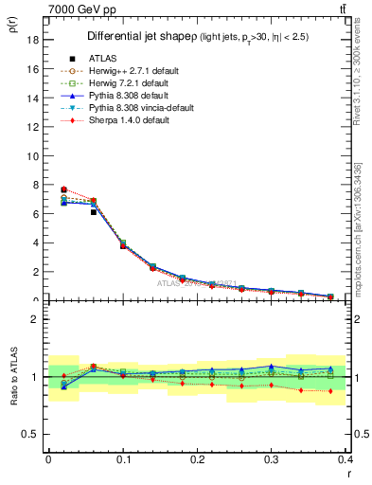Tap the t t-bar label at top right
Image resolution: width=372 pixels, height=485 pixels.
coord(342,9)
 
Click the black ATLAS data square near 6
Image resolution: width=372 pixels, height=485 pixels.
coord(93,212)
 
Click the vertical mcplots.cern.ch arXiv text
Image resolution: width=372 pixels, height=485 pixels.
coord(364,227)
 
